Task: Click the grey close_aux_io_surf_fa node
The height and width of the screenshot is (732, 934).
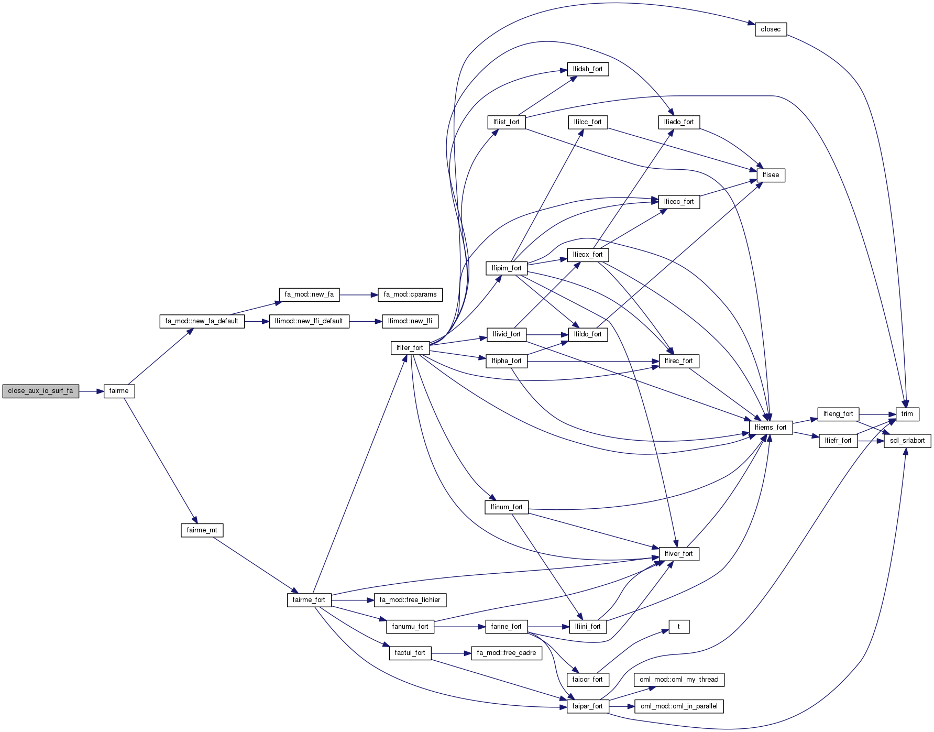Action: tap(41, 391)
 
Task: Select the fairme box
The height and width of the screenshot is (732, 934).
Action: tap(119, 391)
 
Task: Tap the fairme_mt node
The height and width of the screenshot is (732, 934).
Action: tap(202, 530)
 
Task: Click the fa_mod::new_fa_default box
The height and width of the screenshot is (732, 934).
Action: tap(202, 321)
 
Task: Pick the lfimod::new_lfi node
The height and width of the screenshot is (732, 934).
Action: tap(410, 321)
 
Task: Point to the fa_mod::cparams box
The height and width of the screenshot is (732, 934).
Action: tap(410, 294)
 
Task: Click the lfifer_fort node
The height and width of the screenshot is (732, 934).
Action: tap(410, 348)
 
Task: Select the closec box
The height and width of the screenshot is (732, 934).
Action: tap(771, 29)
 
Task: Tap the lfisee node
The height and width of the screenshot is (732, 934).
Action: tap(771, 175)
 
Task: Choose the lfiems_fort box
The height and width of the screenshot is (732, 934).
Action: tap(771, 428)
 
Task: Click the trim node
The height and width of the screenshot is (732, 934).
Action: tap(907, 414)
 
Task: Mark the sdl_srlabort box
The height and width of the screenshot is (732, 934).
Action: tap(907, 441)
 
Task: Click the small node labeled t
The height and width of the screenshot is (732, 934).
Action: tap(678, 627)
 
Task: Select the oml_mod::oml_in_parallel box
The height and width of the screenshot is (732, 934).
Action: tap(679, 706)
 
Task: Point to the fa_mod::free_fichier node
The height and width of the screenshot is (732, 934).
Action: tap(410, 600)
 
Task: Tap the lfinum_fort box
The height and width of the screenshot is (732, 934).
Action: tap(506, 507)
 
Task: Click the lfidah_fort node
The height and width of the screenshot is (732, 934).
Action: tap(587, 69)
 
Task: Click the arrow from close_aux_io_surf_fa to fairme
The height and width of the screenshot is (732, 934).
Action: tap(92, 391)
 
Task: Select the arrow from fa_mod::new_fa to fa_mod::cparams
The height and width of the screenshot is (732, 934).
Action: tap(359, 295)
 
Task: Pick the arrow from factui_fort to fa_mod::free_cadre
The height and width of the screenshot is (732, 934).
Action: tap(451, 653)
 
